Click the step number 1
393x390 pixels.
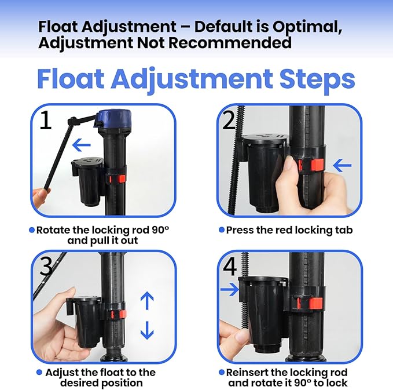tap(46, 122)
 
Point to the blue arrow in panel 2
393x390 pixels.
tap(343, 166)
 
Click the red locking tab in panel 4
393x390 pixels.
tap(315, 303)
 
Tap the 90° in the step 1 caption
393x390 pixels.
tap(159, 230)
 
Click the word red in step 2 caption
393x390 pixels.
tap(277, 230)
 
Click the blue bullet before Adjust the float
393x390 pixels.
tap(39, 373)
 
